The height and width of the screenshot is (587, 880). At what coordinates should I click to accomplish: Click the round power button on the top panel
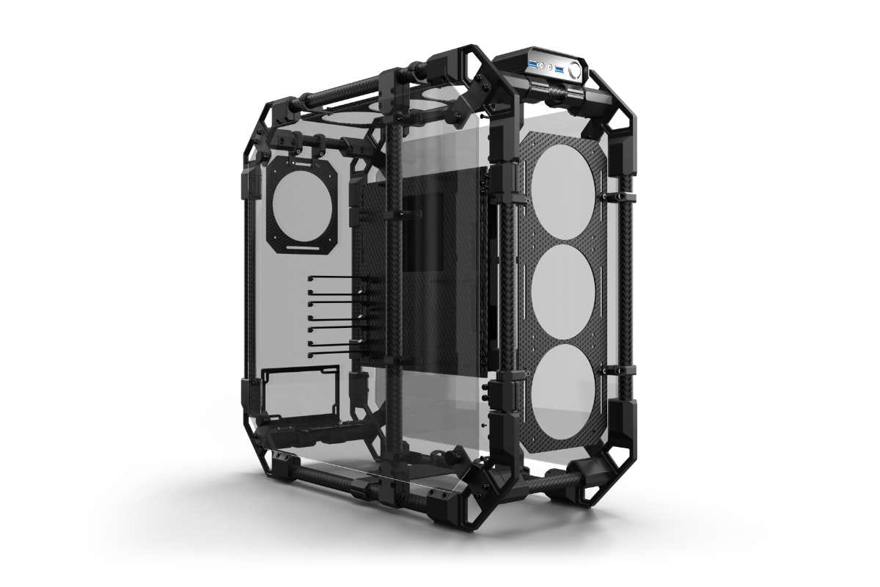click(574, 70)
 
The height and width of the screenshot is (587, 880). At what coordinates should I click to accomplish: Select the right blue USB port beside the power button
click(560, 69)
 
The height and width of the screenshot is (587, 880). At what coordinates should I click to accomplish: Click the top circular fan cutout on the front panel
click(562, 182)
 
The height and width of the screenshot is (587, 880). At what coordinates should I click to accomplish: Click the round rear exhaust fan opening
click(304, 205)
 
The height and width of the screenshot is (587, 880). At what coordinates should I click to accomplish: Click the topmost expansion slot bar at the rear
click(334, 278)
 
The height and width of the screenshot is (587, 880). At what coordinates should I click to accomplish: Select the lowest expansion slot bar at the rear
click(334, 355)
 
